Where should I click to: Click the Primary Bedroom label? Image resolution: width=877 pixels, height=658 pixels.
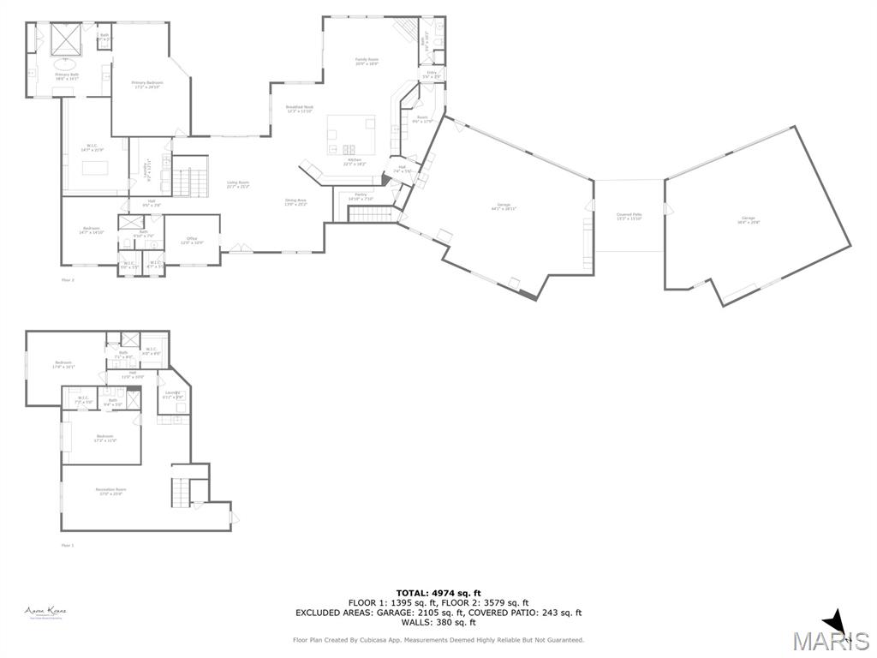click(x=146, y=84)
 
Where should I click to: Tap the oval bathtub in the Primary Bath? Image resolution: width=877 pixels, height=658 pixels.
click(x=66, y=63)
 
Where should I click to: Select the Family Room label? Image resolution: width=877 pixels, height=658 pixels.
click(x=367, y=61)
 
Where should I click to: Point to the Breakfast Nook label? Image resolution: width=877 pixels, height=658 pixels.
click(x=300, y=109)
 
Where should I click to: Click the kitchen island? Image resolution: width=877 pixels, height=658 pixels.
click(x=351, y=135)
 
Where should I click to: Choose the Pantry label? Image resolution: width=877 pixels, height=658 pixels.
click(x=361, y=196)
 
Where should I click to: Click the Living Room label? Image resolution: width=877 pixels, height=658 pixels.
click(x=237, y=184)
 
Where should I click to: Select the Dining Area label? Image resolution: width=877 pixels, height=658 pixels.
click(x=295, y=202)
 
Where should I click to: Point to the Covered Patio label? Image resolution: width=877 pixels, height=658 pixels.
click(x=629, y=216)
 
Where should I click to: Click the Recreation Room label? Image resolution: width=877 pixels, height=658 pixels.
click(x=110, y=492)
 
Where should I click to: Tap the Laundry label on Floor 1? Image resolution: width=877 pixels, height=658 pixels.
click(x=173, y=395)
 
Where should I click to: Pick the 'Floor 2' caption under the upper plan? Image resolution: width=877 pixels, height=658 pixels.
click(x=68, y=280)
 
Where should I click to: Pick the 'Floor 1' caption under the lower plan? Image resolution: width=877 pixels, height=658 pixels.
click(x=68, y=545)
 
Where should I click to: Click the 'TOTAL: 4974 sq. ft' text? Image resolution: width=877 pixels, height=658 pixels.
click(x=438, y=593)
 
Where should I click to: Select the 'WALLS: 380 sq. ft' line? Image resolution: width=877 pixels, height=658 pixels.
click(x=438, y=622)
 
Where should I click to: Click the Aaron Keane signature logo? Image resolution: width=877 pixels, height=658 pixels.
click(x=45, y=612)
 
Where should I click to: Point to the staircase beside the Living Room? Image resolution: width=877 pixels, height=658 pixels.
click(x=189, y=181)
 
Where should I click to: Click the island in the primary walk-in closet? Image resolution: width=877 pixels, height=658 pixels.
click(x=95, y=166)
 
